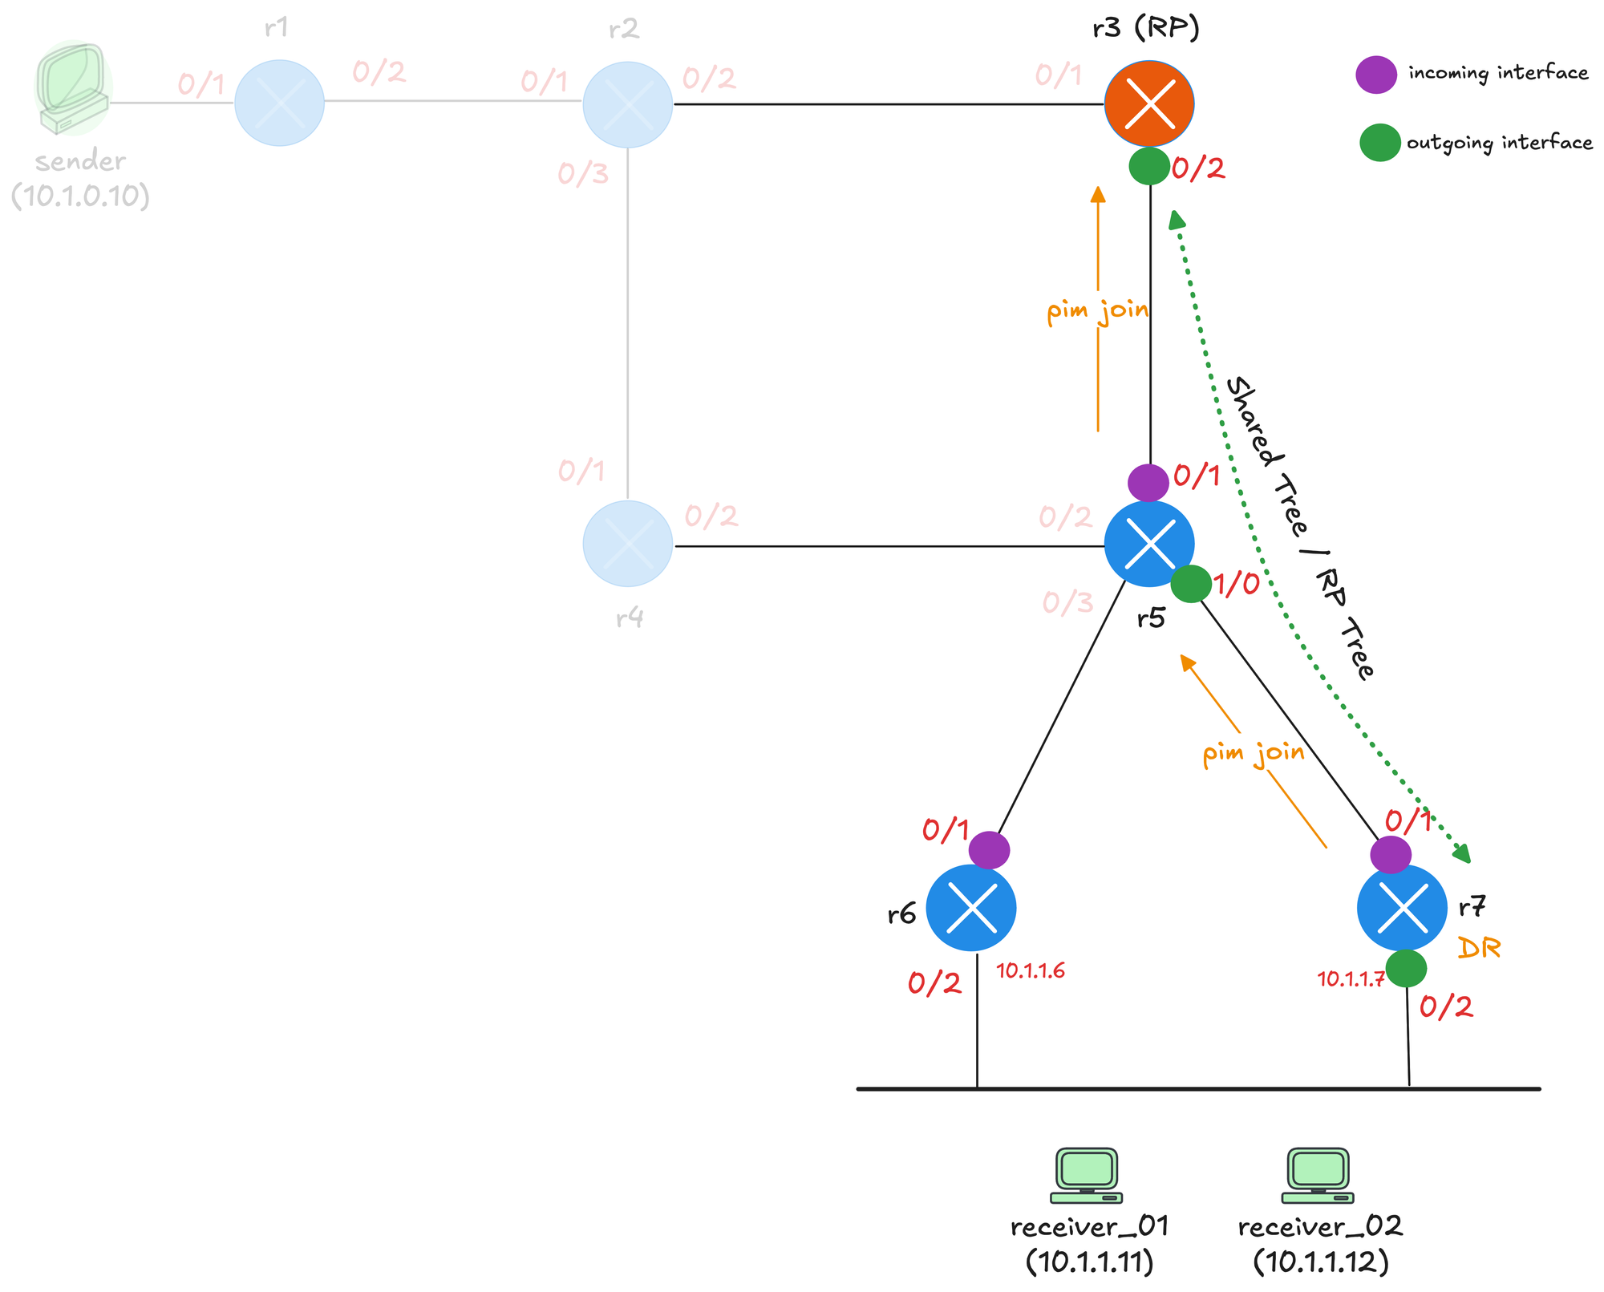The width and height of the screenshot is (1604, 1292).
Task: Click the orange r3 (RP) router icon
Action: point(1149,103)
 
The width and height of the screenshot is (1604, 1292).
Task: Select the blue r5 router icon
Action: point(1149,544)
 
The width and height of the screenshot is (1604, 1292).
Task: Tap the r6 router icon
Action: point(971,908)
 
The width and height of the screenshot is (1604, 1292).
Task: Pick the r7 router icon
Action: point(1402,908)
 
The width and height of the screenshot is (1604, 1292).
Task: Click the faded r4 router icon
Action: point(627,544)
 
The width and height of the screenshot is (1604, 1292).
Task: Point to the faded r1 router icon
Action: point(279,103)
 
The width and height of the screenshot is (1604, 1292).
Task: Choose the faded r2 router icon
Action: point(627,104)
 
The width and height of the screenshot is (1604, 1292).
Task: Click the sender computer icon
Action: point(73,88)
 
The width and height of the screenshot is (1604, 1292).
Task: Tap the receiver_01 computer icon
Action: point(1087,1176)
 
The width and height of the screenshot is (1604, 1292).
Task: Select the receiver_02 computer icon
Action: point(1318,1176)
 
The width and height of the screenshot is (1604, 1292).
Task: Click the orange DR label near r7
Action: point(1478,949)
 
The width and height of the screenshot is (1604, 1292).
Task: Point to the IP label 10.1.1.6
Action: point(1031,971)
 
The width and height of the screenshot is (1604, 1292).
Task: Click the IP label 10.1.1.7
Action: point(1351,979)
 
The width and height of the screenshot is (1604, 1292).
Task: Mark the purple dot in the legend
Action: point(1376,75)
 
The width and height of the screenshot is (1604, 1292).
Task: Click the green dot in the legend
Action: point(1379,143)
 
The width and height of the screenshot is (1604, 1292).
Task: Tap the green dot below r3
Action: point(1149,166)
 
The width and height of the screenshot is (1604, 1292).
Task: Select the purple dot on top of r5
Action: point(1148,483)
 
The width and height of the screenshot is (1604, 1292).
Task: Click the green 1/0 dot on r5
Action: point(1191,584)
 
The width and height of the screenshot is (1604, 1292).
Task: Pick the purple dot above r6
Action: point(989,850)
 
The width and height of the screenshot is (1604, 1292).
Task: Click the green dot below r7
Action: point(1406,969)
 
